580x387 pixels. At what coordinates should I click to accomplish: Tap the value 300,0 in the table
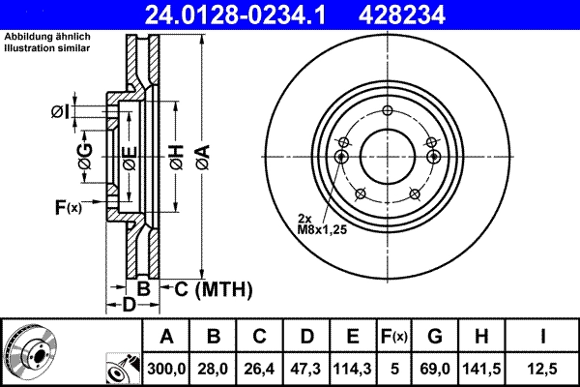tap(166, 368)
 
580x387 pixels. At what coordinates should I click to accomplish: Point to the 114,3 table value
tap(352, 368)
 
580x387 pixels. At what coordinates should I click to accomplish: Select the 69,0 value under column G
tap(435, 368)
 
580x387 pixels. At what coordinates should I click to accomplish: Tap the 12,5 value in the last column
tap(543, 368)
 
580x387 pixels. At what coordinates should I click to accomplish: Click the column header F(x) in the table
tap(393, 337)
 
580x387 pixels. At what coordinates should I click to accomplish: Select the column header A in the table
tap(166, 337)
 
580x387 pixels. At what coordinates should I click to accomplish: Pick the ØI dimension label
tap(60, 114)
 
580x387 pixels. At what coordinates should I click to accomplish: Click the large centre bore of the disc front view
tap(387, 154)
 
